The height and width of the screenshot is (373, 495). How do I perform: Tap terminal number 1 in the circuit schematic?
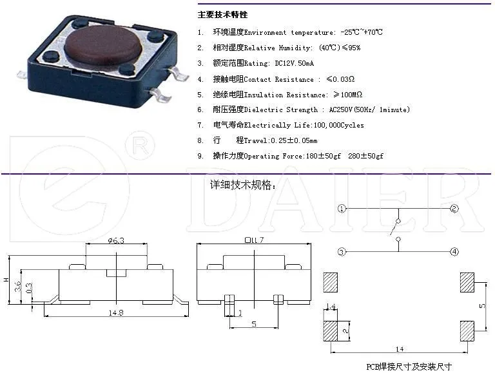[x=342, y=209]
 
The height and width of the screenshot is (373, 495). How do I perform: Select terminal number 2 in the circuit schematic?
[x=454, y=209]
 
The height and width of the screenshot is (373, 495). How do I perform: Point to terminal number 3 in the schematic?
[x=342, y=251]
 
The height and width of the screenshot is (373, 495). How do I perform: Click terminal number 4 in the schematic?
[x=454, y=251]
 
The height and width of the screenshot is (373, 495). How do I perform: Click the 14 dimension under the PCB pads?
[x=400, y=349]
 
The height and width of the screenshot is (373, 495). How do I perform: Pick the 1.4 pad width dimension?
[x=331, y=306]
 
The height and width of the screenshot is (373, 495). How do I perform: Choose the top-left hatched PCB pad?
[x=331, y=282]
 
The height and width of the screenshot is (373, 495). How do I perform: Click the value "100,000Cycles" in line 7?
[x=338, y=125]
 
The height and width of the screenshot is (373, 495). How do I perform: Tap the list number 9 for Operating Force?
[x=200, y=156]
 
